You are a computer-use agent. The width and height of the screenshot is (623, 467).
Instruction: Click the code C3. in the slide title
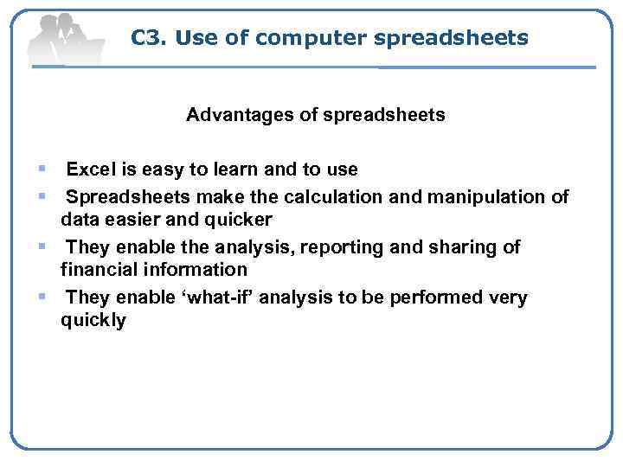pyautogui.click(x=149, y=38)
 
